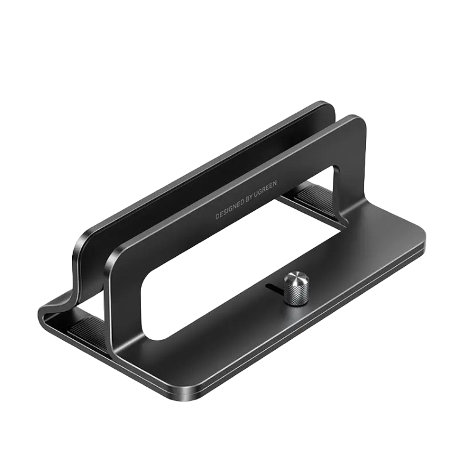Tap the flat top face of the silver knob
293,278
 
